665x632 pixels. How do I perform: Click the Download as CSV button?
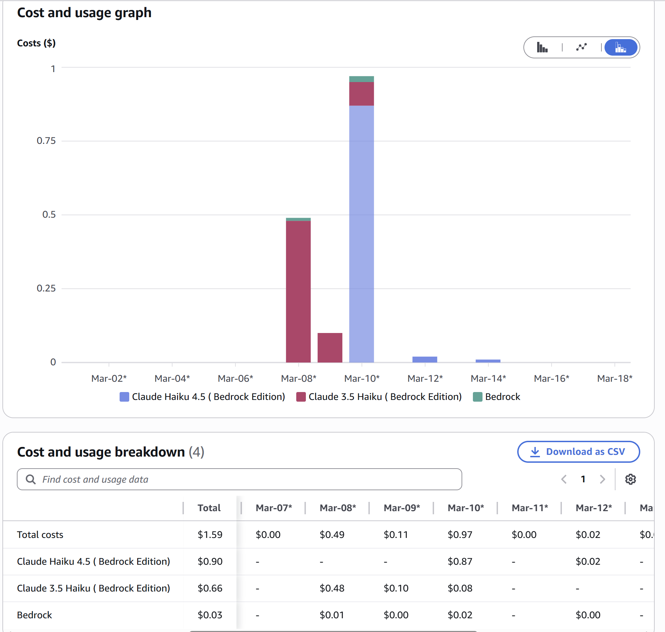(578, 452)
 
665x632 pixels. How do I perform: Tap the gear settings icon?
(630, 479)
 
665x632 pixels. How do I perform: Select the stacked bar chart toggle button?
(621, 47)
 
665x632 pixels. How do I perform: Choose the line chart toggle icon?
(581, 47)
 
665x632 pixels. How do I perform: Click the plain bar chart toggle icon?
(542, 47)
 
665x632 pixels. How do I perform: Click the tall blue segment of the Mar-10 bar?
(362, 233)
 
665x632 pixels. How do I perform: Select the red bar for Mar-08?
(298, 292)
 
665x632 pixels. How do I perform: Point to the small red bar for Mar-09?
(330, 347)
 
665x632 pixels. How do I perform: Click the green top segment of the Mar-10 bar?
(362, 79)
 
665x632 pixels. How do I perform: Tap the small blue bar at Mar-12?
(425, 359)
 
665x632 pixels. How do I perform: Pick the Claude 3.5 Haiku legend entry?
(379, 397)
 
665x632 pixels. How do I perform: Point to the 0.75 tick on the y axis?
(46, 141)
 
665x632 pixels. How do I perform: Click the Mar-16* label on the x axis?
(552, 378)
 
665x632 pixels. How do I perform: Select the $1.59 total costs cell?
(210, 535)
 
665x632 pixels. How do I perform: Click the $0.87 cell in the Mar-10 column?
(460, 562)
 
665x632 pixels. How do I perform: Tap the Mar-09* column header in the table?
(402, 508)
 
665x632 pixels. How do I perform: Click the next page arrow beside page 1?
(602, 479)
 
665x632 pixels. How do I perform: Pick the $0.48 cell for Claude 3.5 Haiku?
(332, 588)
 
